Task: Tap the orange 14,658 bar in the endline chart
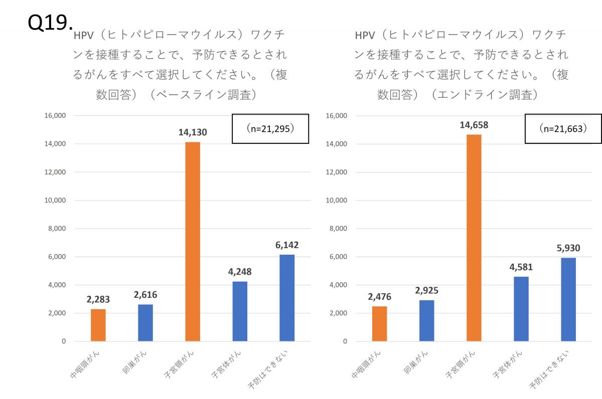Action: (x=474, y=238)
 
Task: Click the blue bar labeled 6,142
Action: (x=287, y=298)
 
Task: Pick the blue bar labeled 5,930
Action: (x=568, y=299)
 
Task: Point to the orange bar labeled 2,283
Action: (x=98, y=325)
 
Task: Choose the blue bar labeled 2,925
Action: (x=427, y=321)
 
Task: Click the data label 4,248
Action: (x=240, y=272)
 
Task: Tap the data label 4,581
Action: (x=521, y=267)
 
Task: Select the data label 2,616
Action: (x=145, y=295)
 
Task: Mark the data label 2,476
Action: (x=380, y=297)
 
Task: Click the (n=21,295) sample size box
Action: (x=270, y=129)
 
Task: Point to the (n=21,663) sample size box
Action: (x=563, y=129)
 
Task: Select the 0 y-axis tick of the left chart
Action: (x=63, y=341)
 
